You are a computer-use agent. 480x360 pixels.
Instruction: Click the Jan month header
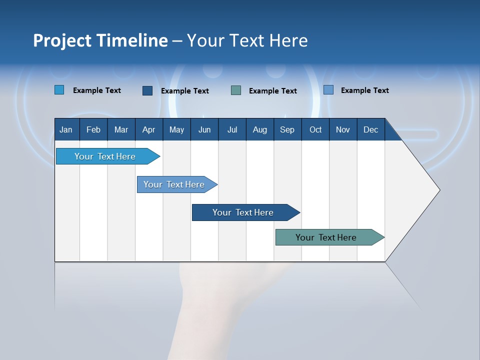click(66, 129)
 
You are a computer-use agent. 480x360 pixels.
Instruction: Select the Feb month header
click(93, 129)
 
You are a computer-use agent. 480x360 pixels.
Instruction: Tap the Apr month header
click(148, 129)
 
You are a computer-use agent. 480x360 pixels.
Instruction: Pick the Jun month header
click(204, 129)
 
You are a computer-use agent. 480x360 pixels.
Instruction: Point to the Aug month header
click(260, 129)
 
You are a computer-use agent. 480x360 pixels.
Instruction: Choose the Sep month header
click(287, 129)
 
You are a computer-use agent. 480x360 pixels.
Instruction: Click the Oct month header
click(315, 129)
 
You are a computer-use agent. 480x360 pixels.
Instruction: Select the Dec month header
click(370, 129)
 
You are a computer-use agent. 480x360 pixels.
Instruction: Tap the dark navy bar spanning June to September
click(243, 212)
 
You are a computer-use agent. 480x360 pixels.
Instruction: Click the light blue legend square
click(59, 90)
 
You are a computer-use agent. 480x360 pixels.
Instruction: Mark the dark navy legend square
click(147, 90)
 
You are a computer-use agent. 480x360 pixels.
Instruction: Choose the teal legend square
click(236, 90)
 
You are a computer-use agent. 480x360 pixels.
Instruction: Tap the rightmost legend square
click(328, 90)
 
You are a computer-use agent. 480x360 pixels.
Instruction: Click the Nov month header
click(343, 129)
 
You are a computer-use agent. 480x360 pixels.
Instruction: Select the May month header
click(176, 129)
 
